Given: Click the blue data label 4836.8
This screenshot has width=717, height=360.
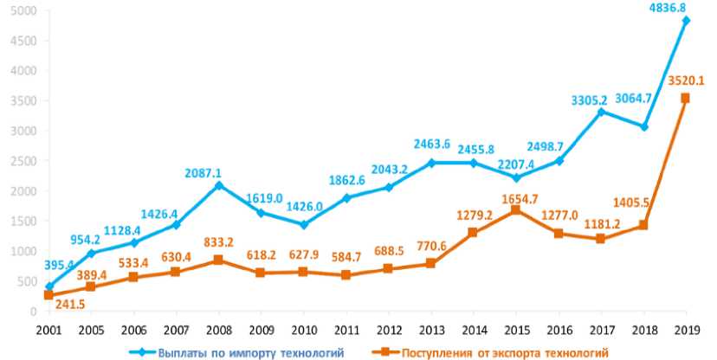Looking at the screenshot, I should pos(682,8).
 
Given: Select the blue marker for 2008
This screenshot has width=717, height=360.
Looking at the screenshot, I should pos(219,185).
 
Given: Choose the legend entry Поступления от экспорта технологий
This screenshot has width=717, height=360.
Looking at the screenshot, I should pos(489,350).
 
